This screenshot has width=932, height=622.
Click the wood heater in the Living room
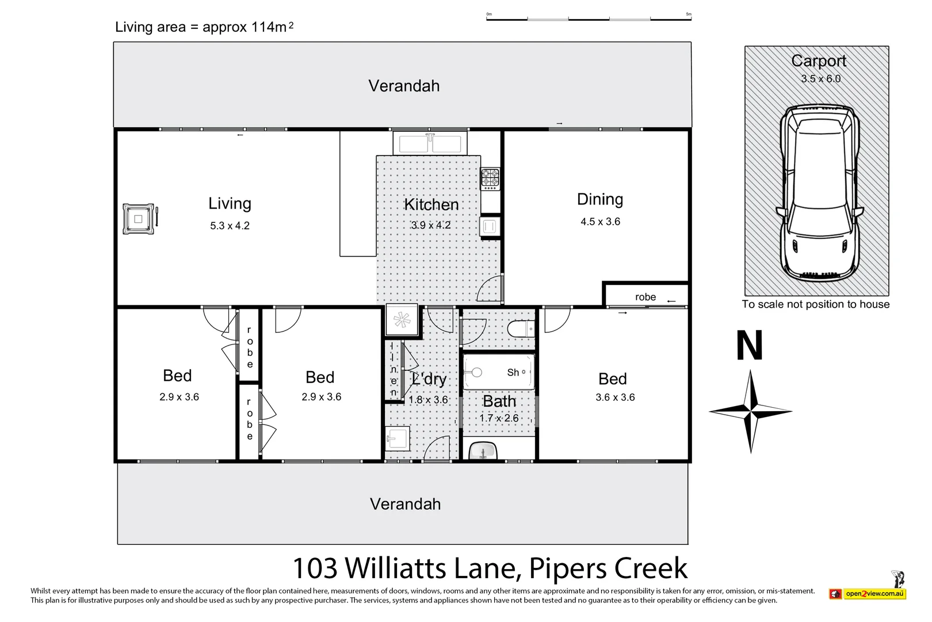[139, 219]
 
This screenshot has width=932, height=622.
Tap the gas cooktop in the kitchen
[490, 179]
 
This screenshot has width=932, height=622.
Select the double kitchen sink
[430, 143]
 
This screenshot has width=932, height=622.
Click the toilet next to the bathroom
[521, 329]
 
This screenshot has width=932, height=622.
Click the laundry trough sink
[398, 438]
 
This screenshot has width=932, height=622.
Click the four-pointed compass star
[751, 412]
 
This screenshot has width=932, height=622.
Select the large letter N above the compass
[750, 346]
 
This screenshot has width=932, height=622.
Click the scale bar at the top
[589, 19]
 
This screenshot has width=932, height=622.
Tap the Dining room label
[600, 199]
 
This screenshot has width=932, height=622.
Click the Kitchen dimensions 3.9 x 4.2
[431, 225]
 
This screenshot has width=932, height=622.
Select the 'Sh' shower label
[513, 373]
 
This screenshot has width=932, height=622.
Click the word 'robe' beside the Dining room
[645, 297]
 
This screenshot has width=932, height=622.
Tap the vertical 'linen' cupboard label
[393, 370]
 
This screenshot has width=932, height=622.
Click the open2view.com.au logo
[868, 593]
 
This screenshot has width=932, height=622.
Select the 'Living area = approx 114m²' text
[204, 27]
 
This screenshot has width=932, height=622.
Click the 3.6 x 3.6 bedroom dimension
[615, 397]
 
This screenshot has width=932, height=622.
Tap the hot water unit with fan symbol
[402, 320]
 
